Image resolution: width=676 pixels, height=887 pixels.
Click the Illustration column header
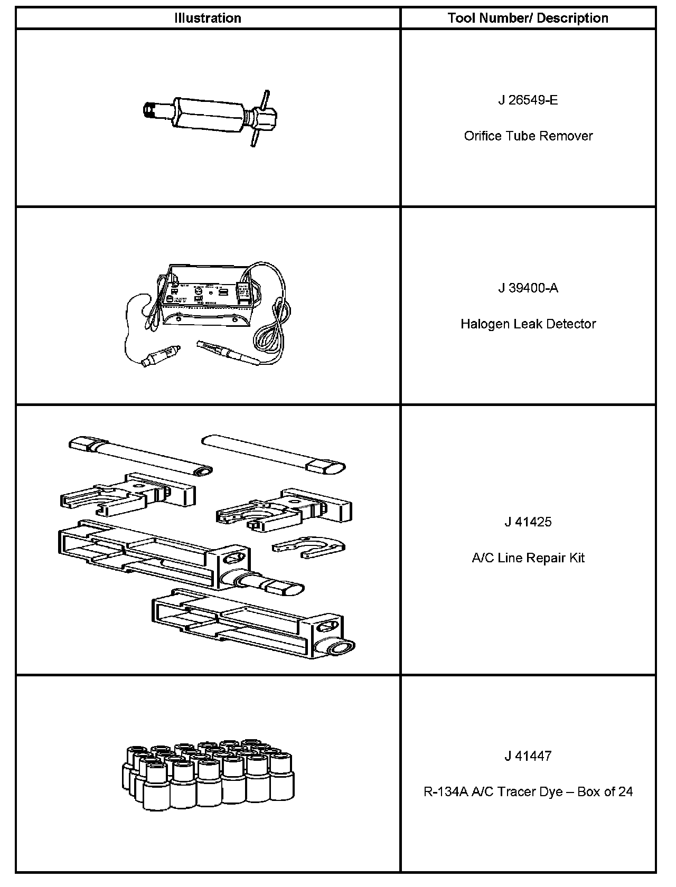click(x=208, y=18)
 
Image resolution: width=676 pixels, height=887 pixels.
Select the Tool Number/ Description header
click(x=528, y=18)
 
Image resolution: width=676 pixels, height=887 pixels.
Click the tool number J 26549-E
click(x=528, y=100)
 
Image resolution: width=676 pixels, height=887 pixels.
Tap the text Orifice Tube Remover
click(x=528, y=136)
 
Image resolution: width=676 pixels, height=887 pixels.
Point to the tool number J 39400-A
click(x=528, y=288)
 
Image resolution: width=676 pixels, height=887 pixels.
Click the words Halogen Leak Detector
click(x=528, y=324)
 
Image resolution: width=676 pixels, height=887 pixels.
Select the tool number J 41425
click(x=528, y=522)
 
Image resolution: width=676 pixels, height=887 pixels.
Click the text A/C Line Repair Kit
click(x=528, y=558)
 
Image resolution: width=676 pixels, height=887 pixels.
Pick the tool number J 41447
click(x=528, y=756)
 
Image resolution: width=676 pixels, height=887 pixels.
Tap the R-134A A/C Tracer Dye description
click(x=528, y=791)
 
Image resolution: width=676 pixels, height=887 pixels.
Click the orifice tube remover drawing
click(x=211, y=118)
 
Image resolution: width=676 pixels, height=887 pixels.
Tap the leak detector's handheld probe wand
click(x=228, y=352)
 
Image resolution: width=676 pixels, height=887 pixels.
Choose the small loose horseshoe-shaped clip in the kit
click(x=308, y=547)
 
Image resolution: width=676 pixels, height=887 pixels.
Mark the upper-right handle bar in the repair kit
click(x=273, y=454)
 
